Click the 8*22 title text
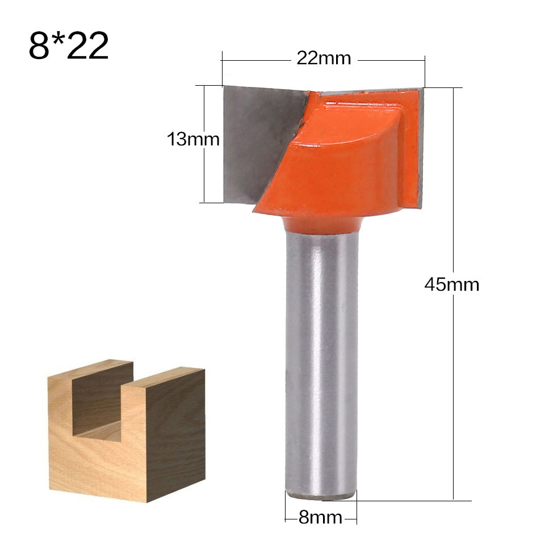tap(68, 46)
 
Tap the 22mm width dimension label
tap(324, 58)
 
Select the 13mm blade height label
tap(193, 139)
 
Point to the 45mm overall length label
tap(452, 284)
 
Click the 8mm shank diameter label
tap(320, 517)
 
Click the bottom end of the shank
tap(321, 495)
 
